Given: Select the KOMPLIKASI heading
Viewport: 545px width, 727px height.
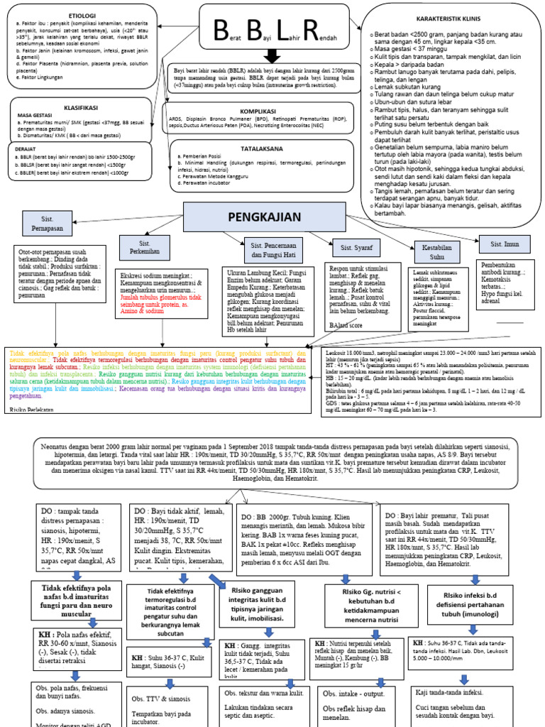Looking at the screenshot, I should [257, 111].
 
